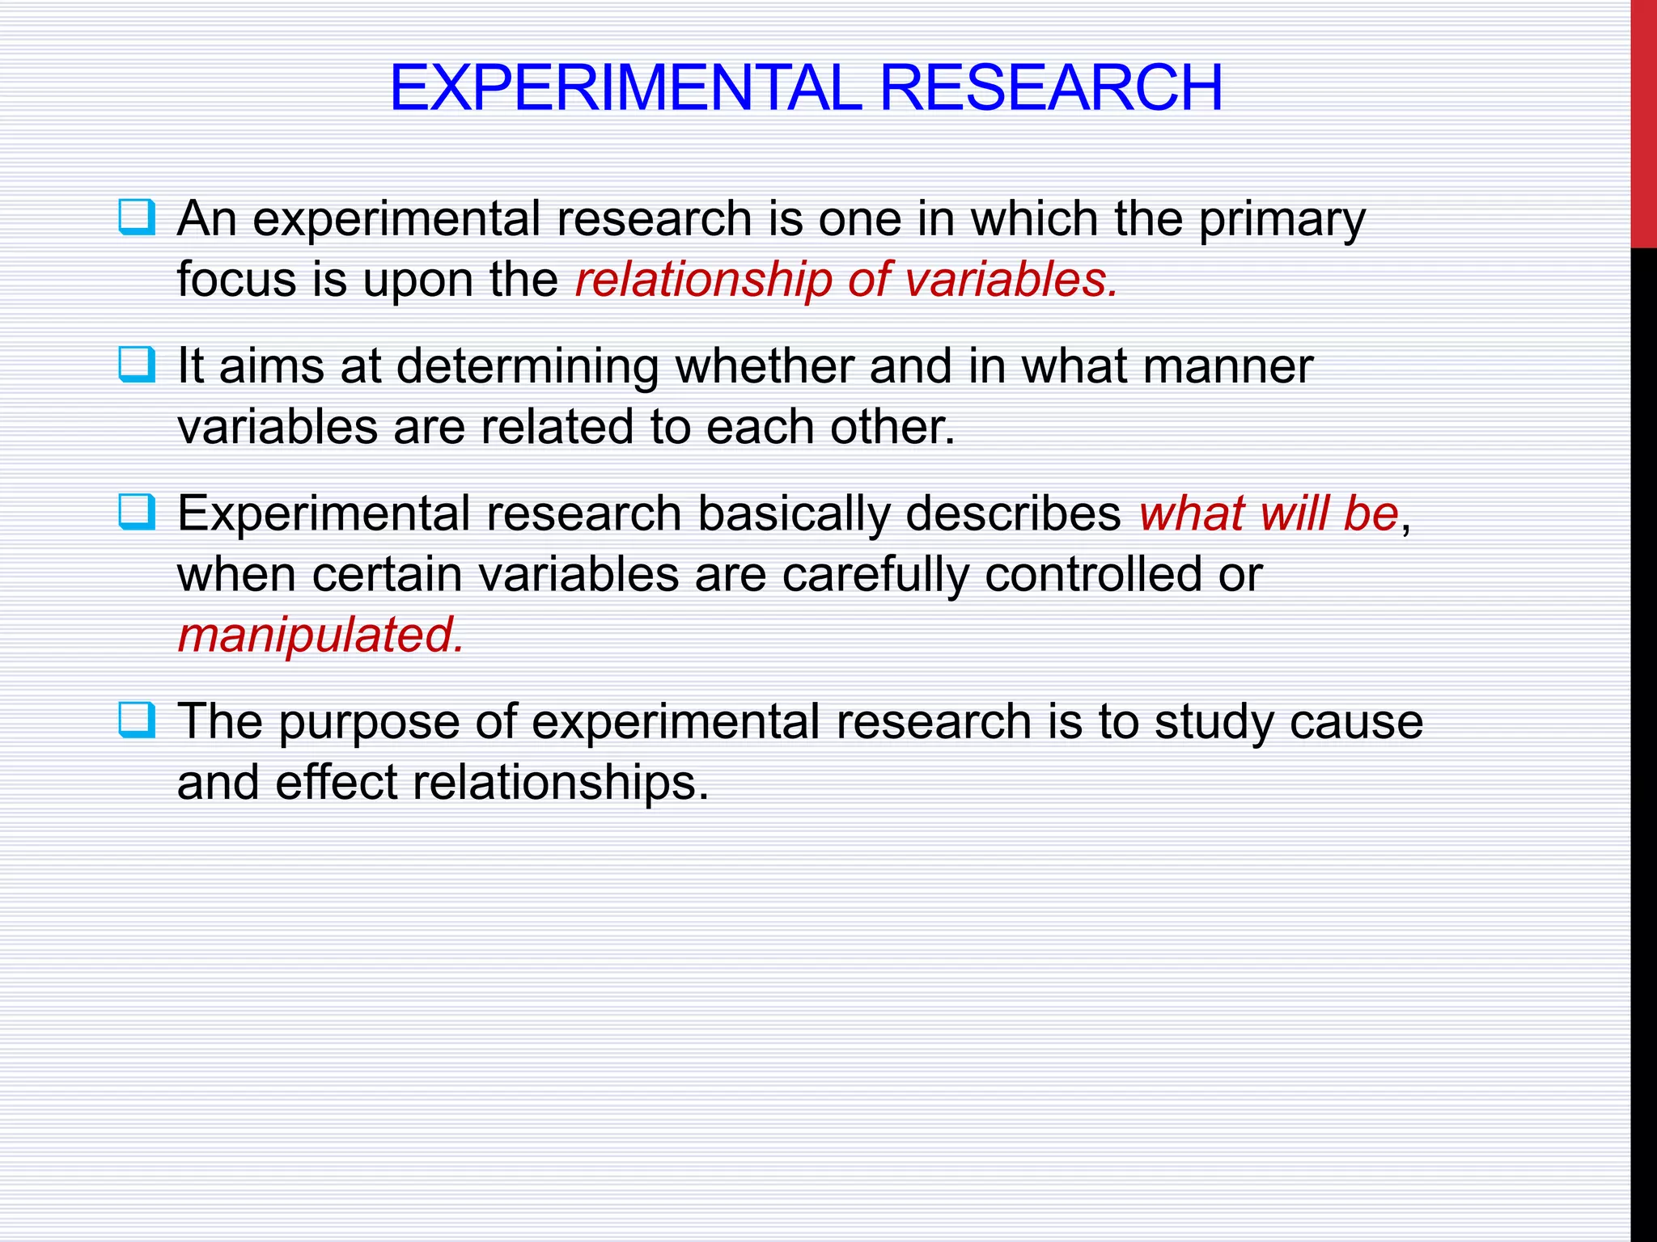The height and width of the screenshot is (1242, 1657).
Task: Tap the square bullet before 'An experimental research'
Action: point(136,217)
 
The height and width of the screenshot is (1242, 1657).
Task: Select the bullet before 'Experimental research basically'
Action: point(136,512)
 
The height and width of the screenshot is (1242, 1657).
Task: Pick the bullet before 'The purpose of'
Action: point(136,720)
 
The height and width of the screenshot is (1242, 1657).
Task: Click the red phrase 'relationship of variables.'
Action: point(846,280)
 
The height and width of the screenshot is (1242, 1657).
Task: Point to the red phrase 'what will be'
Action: point(1268,513)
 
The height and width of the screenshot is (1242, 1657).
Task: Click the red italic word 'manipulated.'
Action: point(321,636)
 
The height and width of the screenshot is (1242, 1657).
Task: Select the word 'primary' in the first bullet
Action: point(1282,220)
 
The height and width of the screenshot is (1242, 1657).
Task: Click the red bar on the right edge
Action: point(1643,121)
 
